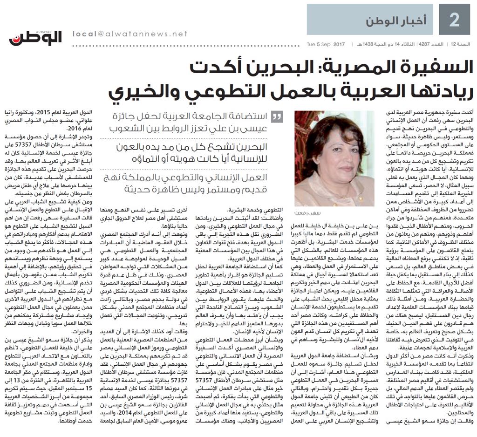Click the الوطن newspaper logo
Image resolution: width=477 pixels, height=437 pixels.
(35, 38)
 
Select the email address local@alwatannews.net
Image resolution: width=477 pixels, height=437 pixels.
(130, 34)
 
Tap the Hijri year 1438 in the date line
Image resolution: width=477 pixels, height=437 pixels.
(358, 44)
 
